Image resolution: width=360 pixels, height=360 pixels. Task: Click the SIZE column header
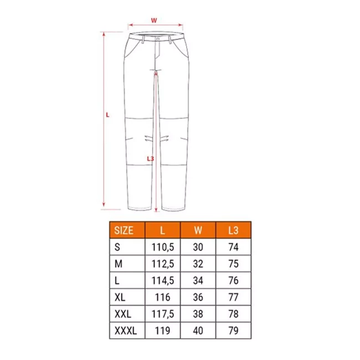point(124,230)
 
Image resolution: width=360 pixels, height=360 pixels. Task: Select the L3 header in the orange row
point(233,230)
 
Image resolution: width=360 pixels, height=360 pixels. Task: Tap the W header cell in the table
point(198,230)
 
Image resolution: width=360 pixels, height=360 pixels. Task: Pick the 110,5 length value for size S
point(162,247)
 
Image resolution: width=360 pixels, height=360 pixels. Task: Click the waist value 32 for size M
point(198,264)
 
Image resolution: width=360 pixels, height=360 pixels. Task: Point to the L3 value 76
point(233,281)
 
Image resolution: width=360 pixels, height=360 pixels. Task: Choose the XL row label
point(120,297)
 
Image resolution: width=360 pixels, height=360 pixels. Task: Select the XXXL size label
point(126,331)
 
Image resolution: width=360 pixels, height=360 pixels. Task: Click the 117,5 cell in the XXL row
point(162,314)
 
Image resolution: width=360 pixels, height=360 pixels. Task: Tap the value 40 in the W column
point(198,331)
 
